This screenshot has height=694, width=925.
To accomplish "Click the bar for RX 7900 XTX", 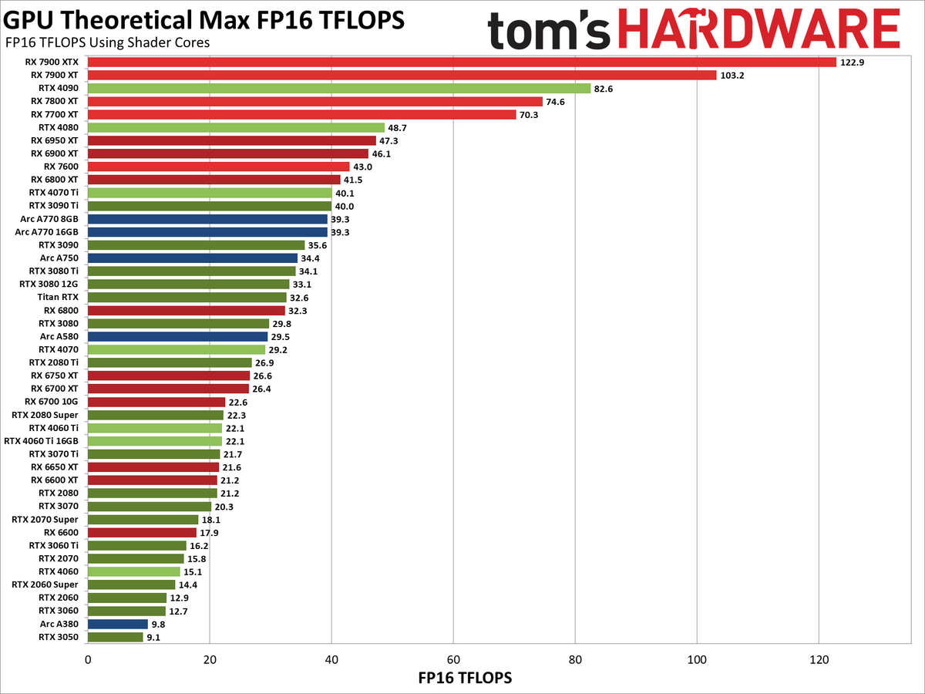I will tap(462, 62).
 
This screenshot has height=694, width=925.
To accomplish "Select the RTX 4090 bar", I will tap(339, 89).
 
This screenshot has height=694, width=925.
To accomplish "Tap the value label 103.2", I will tap(733, 76).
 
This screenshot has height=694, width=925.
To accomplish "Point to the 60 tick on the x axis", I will tap(453, 660).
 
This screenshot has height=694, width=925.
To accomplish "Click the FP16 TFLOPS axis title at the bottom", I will tap(465, 679).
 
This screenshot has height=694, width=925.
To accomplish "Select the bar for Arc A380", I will tap(118, 624).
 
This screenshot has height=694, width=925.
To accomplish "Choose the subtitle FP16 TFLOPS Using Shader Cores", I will tap(107, 42).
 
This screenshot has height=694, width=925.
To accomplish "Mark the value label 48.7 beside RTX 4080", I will tap(399, 128).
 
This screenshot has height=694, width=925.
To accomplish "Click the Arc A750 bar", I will tap(193, 258).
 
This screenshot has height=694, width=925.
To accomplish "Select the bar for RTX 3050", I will tap(116, 637).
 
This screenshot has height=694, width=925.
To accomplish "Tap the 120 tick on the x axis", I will tap(819, 660).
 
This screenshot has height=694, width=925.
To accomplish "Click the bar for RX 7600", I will tap(219, 167).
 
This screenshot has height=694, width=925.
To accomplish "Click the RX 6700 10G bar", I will tap(156, 402).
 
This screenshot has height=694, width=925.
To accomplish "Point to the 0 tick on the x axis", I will tap(88, 660).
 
